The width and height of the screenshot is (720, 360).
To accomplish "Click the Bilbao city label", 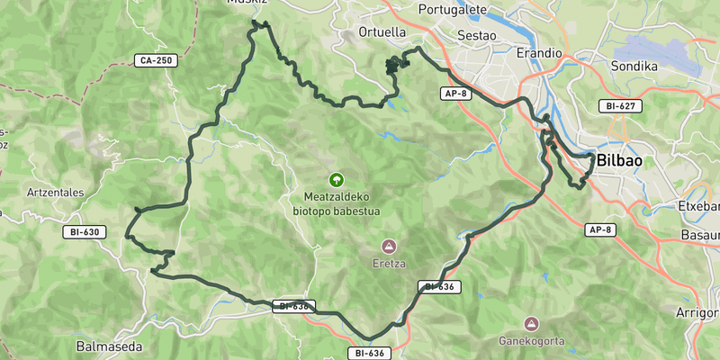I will [619, 159].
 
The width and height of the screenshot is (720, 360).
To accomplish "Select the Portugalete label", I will [453, 10].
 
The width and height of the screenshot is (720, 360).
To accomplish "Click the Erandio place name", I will [539, 53].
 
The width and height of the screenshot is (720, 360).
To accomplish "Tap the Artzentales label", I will [56, 192].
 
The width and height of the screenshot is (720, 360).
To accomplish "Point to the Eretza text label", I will [389, 264].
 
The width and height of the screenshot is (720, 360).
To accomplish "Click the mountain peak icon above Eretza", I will [389, 246].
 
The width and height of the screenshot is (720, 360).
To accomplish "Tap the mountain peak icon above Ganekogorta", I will [531, 323].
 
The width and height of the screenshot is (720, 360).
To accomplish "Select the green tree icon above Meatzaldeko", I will [337, 180].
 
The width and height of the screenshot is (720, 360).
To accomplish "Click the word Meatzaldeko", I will [337, 197].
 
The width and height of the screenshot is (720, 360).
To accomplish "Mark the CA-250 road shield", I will [156, 60].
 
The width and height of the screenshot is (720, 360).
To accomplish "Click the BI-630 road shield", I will [86, 231].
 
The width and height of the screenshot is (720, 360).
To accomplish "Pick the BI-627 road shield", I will [620, 106].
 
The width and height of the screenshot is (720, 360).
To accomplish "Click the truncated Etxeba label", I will [698, 206].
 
